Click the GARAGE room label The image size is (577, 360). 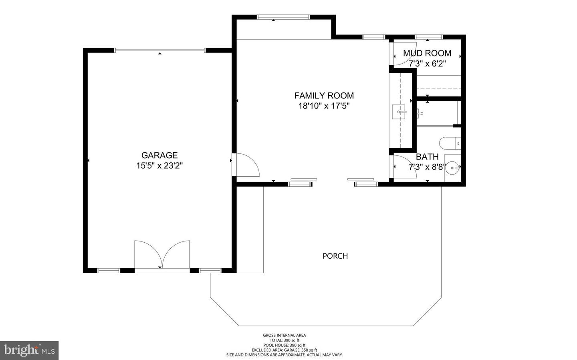pyautogui.click(x=159, y=155)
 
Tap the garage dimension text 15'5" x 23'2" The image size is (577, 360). pyautogui.click(x=159, y=166)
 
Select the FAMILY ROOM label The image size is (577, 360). pyautogui.click(x=324, y=96)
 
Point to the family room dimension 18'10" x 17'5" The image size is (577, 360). pyautogui.click(x=324, y=106)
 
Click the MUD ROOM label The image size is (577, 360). pyautogui.click(x=427, y=53)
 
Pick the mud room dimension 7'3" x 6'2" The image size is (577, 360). pyautogui.click(x=427, y=64)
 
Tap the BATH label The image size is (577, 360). pyautogui.click(x=427, y=157)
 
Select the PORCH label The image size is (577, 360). pyautogui.click(x=335, y=256)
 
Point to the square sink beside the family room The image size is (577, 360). pyautogui.click(x=399, y=112)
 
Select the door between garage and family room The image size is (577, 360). pyautogui.click(x=246, y=165)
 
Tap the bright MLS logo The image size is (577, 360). pyautogui.click(x=29, y=350)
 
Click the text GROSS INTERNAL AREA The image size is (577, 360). pyautogui.click(x=284, y=336)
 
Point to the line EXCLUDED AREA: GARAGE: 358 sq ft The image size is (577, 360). pyautogui.click(x=284, y=350)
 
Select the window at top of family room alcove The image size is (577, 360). pyautogui.click(x=283, y=17)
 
